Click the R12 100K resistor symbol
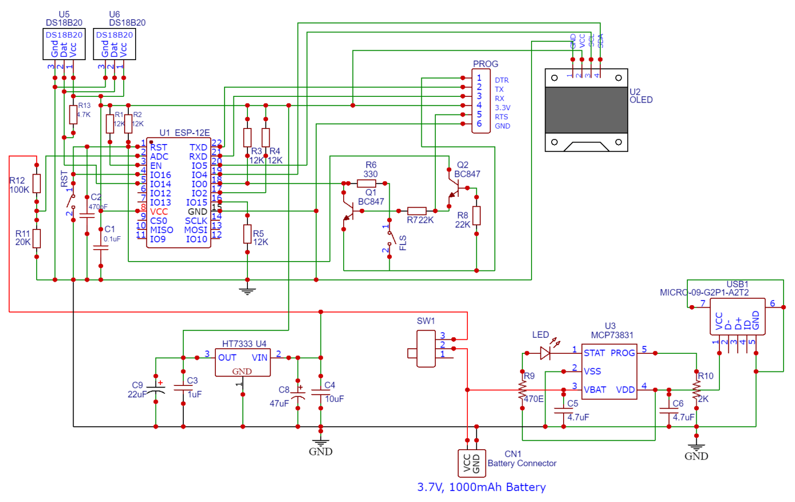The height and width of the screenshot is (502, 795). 37,183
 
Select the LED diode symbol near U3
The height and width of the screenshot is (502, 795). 546,353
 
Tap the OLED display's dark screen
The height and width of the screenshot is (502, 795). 586,110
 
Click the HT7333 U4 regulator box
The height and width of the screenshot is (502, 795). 243,362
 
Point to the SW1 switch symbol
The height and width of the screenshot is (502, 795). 426,349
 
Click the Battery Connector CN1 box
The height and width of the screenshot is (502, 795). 472,463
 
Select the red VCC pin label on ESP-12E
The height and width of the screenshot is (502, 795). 159,211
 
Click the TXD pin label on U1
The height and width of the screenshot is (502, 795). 198,148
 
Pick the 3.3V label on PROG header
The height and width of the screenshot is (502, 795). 502,108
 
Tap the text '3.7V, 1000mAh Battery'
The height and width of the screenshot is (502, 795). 481,487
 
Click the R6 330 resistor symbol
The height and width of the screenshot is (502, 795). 366,183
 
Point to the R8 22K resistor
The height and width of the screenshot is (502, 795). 476,216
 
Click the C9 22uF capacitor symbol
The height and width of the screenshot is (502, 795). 156,389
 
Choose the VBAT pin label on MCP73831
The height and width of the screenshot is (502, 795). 595,390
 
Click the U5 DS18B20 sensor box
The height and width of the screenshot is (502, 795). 64,45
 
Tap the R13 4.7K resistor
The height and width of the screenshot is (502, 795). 73,114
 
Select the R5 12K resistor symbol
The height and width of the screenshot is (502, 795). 247,234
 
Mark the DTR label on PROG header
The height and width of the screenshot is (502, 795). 502,80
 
